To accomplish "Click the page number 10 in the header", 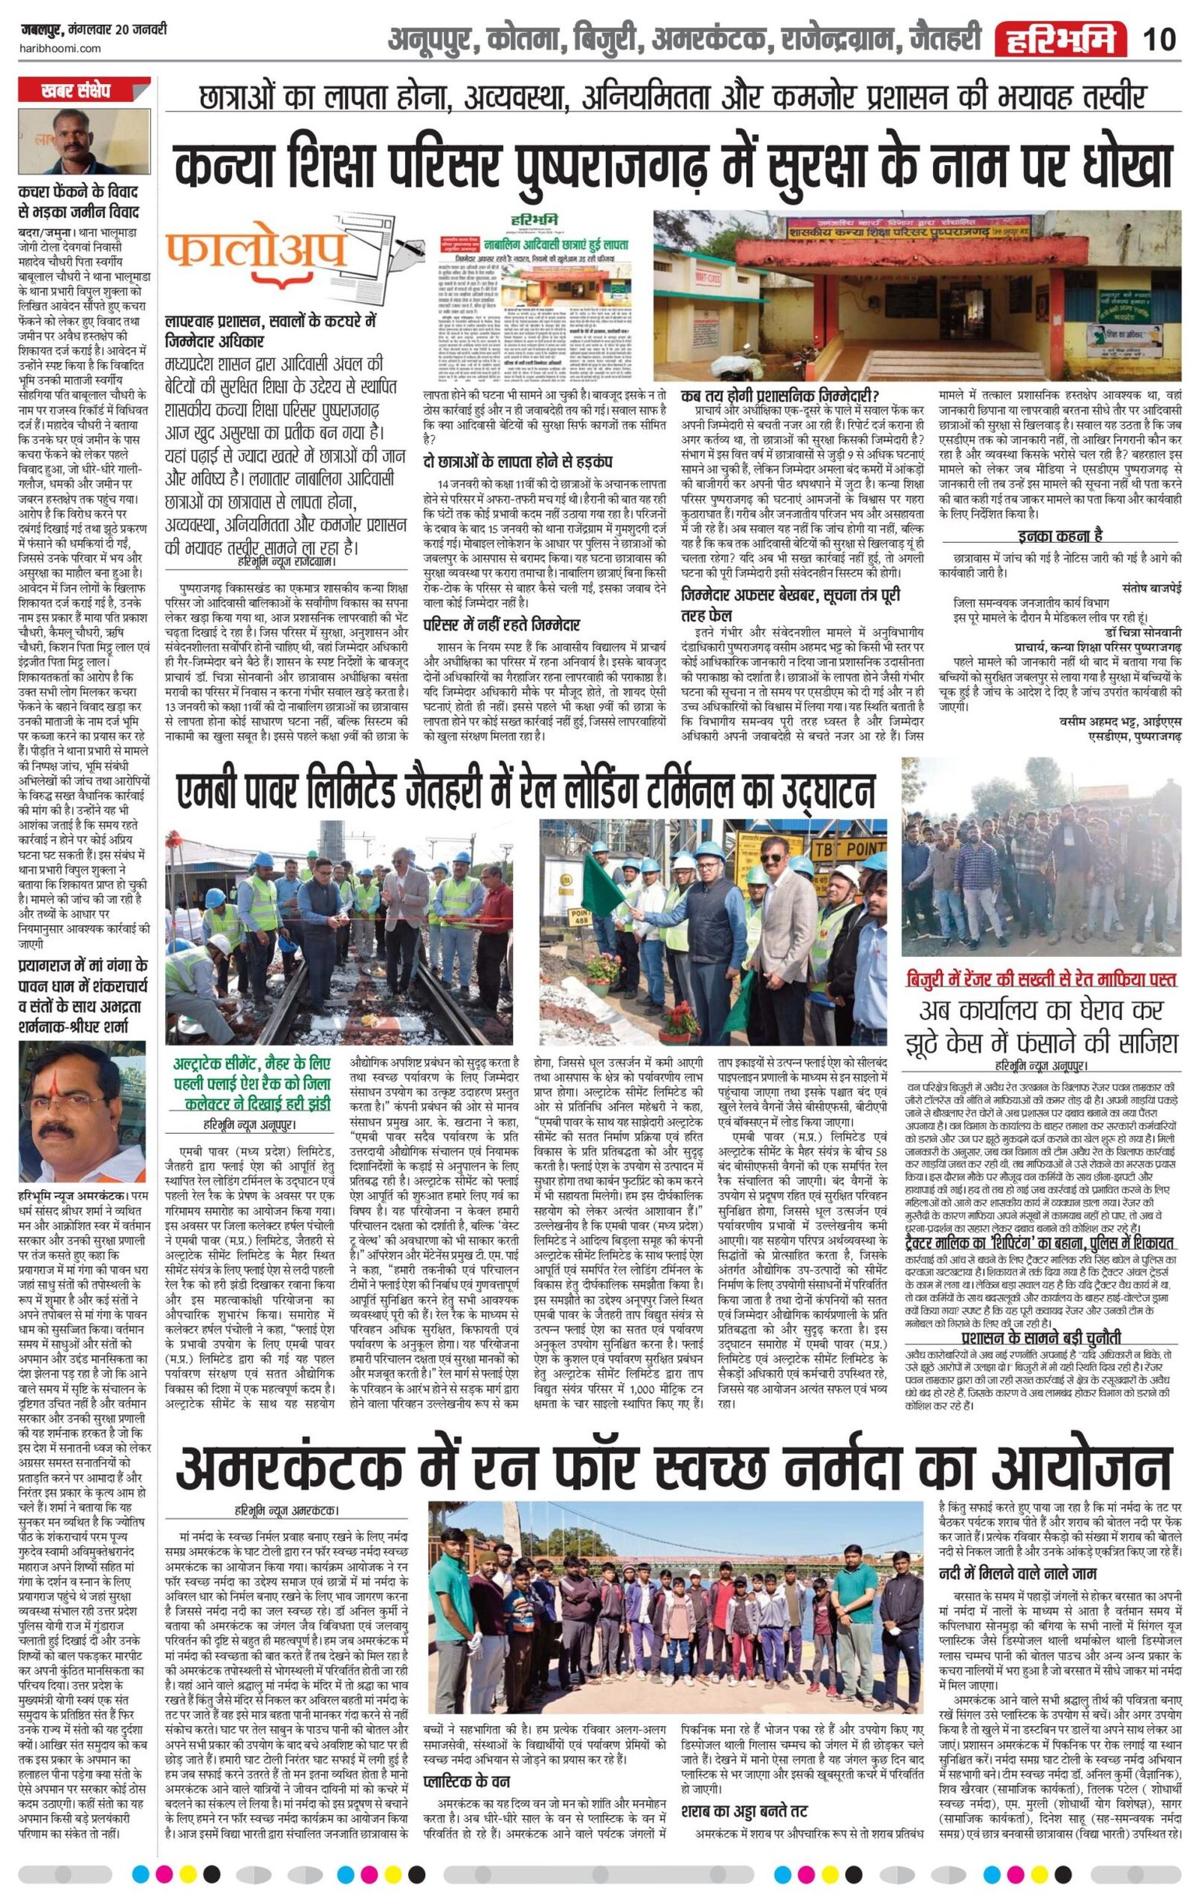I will coord(1159,39).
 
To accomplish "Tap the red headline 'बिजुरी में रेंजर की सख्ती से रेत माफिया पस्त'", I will coord(1042,980).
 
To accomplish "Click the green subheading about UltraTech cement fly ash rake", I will coord(253,1085).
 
